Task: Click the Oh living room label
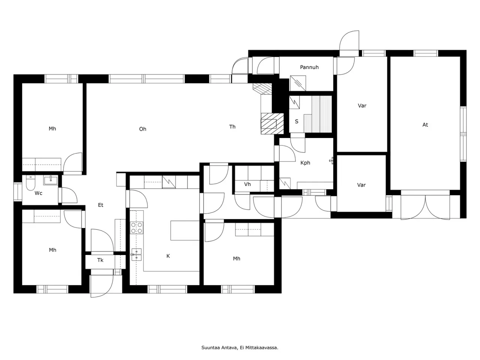click(142, 129)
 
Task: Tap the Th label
click(232, 127)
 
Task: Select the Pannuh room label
click(309, 67)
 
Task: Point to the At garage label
click(425, 125)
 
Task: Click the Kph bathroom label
click(305, 163)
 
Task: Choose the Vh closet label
click(247, 184)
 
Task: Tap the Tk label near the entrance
click(100, 260)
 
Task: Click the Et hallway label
click(100, 205)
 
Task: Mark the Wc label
click(38, 193)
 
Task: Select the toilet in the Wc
click(30, 183)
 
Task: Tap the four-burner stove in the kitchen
click(136, 228)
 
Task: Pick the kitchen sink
click(136, 254)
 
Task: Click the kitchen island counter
click(185, 230)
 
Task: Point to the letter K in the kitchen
click(168, 256)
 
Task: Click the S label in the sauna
click(297, 121)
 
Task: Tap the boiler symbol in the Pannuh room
click(298, 83)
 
